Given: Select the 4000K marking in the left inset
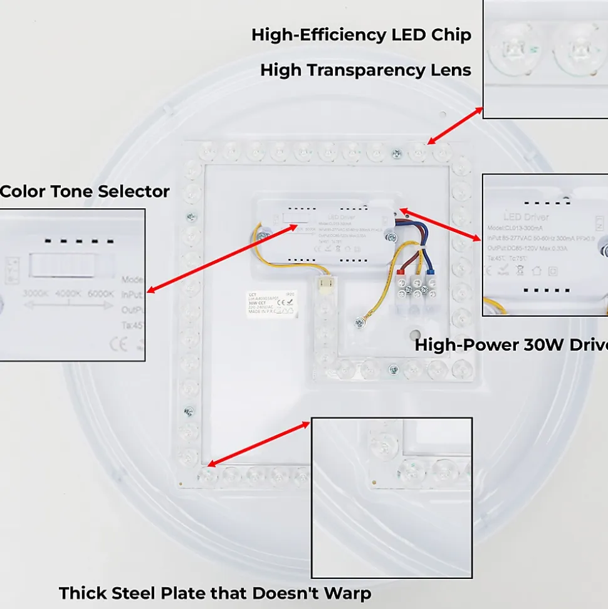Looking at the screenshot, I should [69, 294].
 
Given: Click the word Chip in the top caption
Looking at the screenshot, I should [451, 35].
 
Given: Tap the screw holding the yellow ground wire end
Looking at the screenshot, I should [360, 322].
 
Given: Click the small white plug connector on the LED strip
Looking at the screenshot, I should [325, 284].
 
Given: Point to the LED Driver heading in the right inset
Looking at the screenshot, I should [526, 217].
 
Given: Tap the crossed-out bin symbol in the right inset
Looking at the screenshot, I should [519, 272].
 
